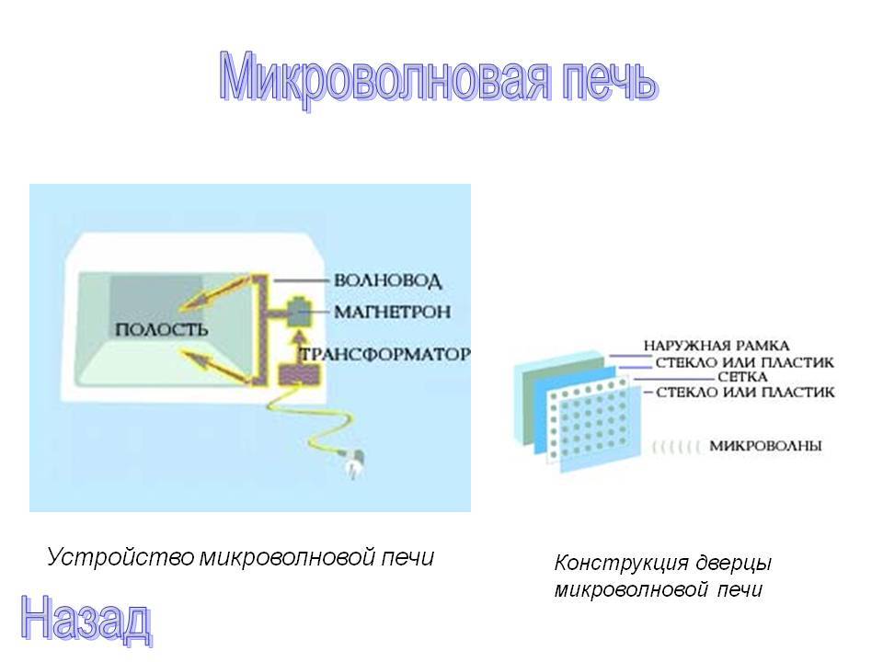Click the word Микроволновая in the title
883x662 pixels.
384,79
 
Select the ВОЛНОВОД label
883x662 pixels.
387,280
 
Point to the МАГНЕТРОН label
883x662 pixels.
393,312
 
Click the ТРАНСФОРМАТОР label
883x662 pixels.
385,354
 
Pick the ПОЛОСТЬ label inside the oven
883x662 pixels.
162,329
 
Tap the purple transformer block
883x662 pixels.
300,374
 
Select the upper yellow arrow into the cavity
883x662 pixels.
215,291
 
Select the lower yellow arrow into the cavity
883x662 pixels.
215,366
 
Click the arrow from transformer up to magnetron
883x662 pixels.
300,348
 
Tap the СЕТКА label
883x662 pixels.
742,377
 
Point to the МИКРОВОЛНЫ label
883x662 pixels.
765,446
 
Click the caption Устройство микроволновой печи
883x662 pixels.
240,557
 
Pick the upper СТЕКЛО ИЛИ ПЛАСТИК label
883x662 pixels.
744,361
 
